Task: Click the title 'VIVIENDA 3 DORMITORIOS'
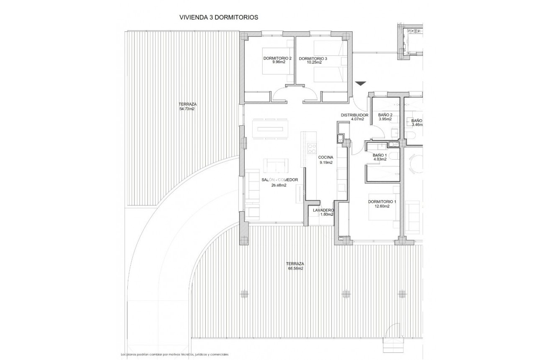point(218,18)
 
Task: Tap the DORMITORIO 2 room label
point(277,58)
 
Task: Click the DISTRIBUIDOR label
point(354,115)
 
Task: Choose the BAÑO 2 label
point(385,115)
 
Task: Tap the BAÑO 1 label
point(380,155)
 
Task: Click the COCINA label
point(326,158)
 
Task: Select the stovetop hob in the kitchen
point(312,148)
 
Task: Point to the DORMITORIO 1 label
point(385,202)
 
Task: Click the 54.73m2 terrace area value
point(187,109)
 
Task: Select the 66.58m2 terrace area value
point(295,268)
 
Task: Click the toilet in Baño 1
point(394,157)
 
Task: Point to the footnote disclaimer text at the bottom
point(174,355)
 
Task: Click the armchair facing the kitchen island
point(275,166)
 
